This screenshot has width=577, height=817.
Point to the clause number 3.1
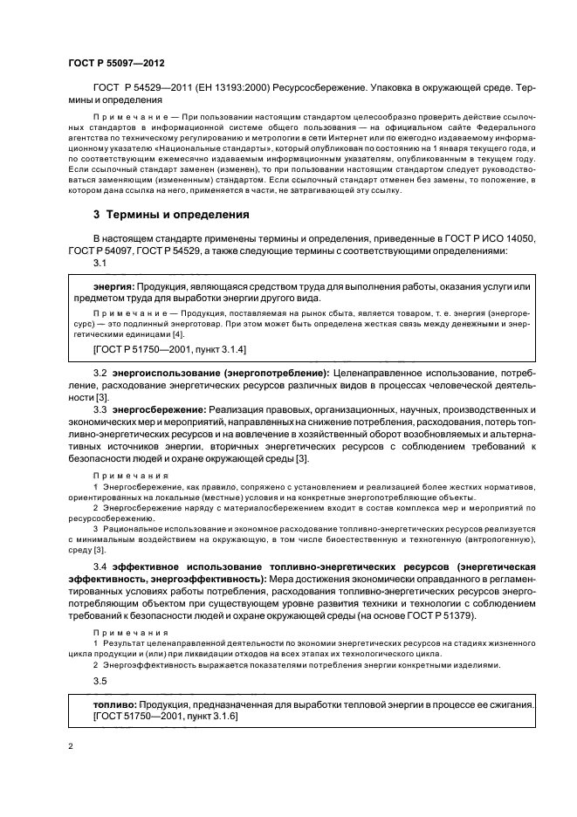coord(100,263)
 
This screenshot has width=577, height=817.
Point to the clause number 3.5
coord(100,680)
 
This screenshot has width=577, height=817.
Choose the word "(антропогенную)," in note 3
coord(497,539)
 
